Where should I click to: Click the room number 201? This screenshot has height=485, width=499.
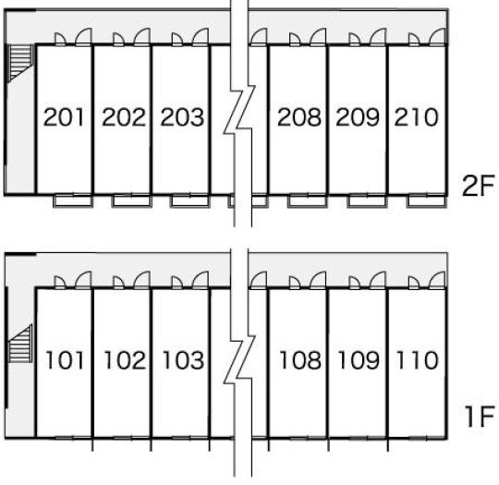coord(64,117)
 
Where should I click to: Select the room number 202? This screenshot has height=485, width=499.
coord(124,117)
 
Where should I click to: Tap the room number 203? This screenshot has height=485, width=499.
coord(182,117)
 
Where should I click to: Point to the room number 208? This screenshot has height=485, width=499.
coord(299,117)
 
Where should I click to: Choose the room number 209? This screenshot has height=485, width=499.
coord(358,117)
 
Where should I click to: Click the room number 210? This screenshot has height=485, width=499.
coord(416,117)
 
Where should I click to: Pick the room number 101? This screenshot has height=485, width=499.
coord(65,360)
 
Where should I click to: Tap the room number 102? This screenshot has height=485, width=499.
coord(125,360)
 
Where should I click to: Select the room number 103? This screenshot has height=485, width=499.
coord(183,360)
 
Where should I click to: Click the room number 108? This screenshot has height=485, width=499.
coord(300,360)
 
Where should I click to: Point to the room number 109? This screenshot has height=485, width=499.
coord(359,360)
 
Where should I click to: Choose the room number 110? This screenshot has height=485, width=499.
coord(418,360)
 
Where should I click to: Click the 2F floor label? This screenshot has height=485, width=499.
coord(478,186)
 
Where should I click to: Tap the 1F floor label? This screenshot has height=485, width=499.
coord(480,417)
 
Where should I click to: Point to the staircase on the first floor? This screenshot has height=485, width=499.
coord(20,343)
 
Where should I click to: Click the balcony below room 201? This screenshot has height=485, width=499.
coord(73,201)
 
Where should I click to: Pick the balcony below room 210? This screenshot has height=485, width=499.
coord(427,201)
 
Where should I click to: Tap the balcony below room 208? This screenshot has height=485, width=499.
coord(308,201)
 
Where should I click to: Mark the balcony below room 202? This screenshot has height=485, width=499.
coord(131,201)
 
